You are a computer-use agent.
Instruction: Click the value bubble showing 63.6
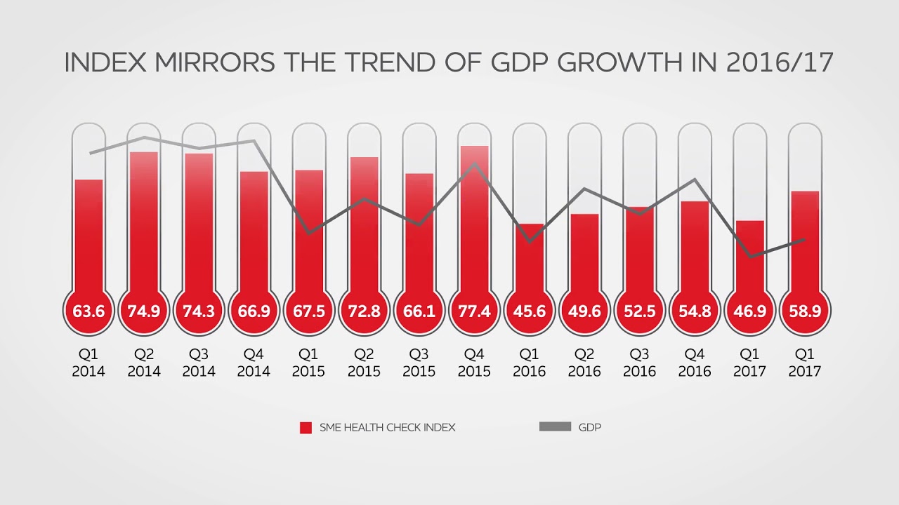(x=88, y=311)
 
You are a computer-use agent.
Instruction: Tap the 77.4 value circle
(x=474, y=311)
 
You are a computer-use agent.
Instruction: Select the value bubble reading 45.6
(x=529, y=311)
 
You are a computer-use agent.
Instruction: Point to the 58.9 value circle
(x=805, y=311)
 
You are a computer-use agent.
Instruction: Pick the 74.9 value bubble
(x=143, y=311)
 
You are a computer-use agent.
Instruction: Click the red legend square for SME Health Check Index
(x=306, y=427)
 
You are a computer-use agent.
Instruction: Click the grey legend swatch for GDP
(x=555, y=426)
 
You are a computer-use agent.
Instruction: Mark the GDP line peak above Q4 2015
(x=475, y=163)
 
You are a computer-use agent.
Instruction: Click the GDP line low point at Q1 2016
(x=530, y=241)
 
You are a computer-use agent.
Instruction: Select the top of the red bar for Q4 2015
(x=474, y=147)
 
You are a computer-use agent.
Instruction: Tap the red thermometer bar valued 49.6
(x=584, y=252)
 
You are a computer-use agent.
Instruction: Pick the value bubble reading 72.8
(x=364, y=311)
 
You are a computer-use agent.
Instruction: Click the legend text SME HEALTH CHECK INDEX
(x=387, y=427)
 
